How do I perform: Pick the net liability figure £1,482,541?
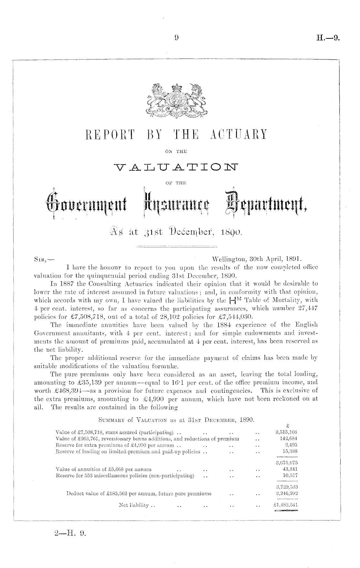pyautogui.click(x=285, y=505)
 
